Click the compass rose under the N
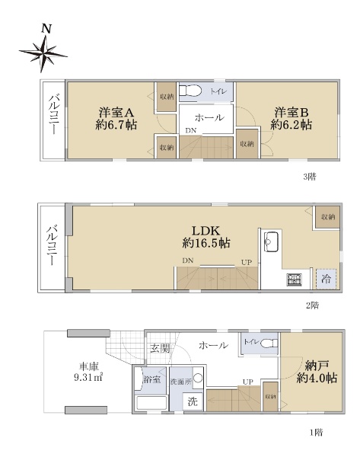43,54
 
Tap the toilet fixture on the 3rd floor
190,91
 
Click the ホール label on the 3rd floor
209,118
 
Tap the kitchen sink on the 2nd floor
271,241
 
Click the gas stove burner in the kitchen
295,280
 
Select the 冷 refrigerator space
327,279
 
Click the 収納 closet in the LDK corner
327,217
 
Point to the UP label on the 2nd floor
247,262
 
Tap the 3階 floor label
310,177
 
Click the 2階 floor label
312,305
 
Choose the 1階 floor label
316,432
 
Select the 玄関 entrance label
160,348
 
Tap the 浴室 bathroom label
151,379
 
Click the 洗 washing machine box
193,402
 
